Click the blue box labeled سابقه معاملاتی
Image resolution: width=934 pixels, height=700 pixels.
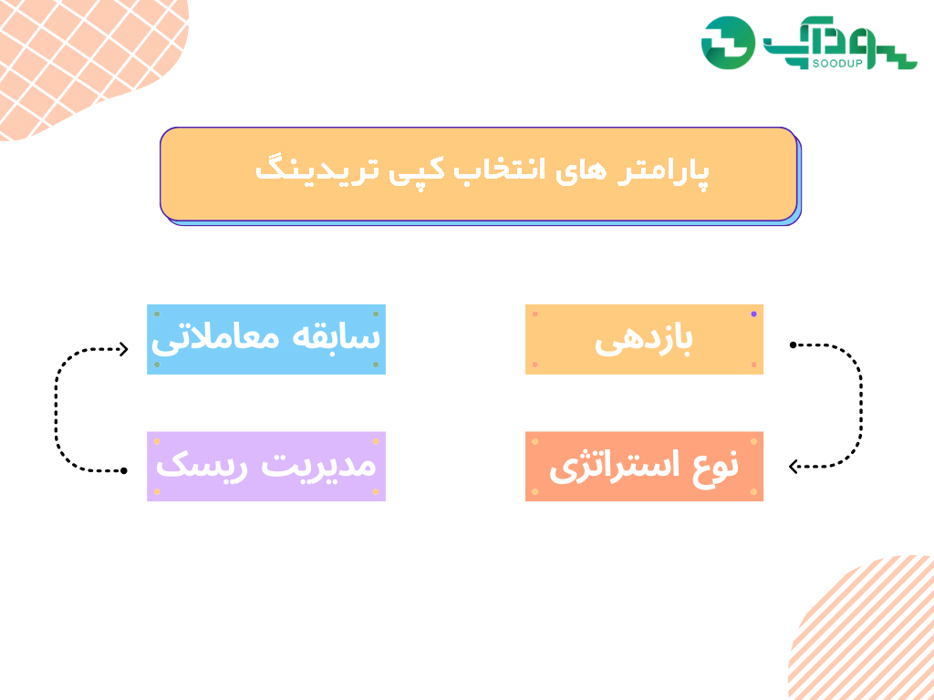coord(266,339)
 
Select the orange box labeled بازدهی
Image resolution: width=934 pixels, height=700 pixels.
coord(644,339)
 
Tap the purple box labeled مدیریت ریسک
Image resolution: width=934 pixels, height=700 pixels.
coord(266,466)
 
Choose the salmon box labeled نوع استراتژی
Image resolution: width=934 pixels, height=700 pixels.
coord(644,466)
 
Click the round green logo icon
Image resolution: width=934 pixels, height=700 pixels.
coord(728,43)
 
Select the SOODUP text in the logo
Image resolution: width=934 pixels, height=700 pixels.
coord(837,63)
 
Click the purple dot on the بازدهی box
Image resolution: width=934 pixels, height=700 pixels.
coord(753,314)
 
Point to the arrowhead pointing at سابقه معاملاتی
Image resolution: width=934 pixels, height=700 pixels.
coord(123,349)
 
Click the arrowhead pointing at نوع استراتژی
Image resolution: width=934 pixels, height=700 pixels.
coord(794,467)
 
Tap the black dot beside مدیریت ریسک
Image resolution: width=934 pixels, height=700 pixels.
coord(124,471)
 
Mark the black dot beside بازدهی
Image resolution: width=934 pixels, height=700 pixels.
coord(793,345)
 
